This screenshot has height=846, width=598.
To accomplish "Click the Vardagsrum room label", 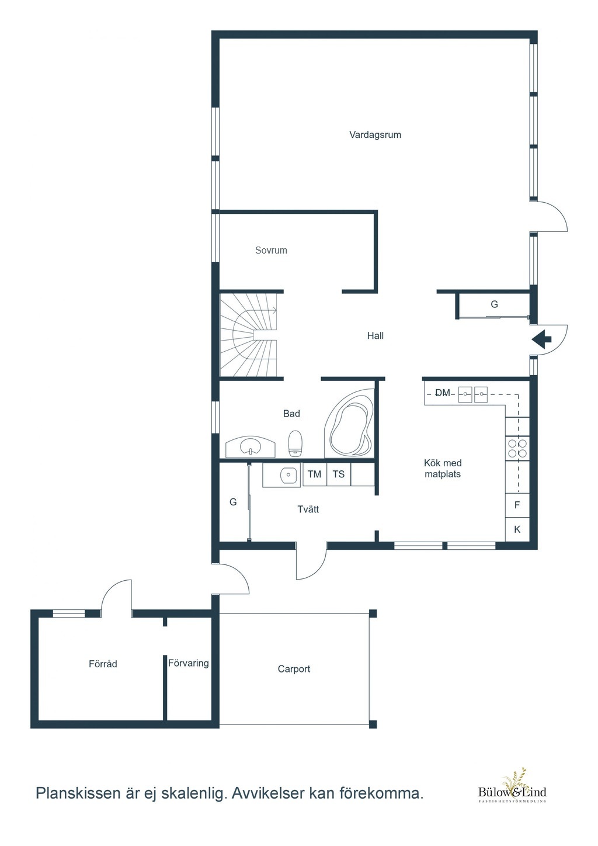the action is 375,135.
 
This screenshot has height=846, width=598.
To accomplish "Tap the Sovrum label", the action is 271,250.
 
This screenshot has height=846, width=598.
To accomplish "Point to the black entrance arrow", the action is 541,339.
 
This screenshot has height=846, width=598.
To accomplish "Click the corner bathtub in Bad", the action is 349,424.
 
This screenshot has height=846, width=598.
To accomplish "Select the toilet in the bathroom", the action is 295,443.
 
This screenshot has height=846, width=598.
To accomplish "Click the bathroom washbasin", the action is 251,447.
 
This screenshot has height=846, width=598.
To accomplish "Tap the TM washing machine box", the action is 315,474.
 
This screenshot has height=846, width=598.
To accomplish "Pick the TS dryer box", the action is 339,474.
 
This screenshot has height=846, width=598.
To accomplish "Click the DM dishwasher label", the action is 443,393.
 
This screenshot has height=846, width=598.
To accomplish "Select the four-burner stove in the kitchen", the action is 517,448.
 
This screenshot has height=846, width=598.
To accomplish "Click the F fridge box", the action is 517,505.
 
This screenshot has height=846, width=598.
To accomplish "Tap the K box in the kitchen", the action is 517,529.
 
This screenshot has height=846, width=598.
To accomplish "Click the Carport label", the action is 294,669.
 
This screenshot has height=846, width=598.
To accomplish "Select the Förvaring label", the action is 189,663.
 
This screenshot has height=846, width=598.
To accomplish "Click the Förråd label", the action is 103,664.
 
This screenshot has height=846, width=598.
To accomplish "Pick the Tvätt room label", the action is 308,509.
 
